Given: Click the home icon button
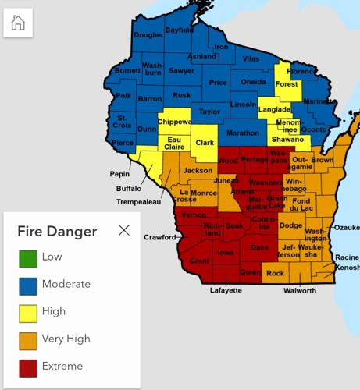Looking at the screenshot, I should pos(19,23).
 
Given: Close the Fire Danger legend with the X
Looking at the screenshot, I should pos(123,230).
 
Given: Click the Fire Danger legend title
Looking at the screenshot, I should pos(57,231).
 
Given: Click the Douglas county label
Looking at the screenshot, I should pos(148,35).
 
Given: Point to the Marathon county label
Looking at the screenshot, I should pos(242,133).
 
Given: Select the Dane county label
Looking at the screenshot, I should pos(260,248).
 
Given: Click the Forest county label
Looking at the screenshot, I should pos(287,84).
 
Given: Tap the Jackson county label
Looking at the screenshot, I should pos(198,170).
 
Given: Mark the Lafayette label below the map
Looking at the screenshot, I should pos(226,291).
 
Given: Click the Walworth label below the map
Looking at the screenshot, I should pos(300,291).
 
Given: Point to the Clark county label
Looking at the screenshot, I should pos(205,143).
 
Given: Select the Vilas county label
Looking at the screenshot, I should pos(251,58).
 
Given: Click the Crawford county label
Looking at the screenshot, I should pos(160,237).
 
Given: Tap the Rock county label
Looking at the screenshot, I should pos(275,274).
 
